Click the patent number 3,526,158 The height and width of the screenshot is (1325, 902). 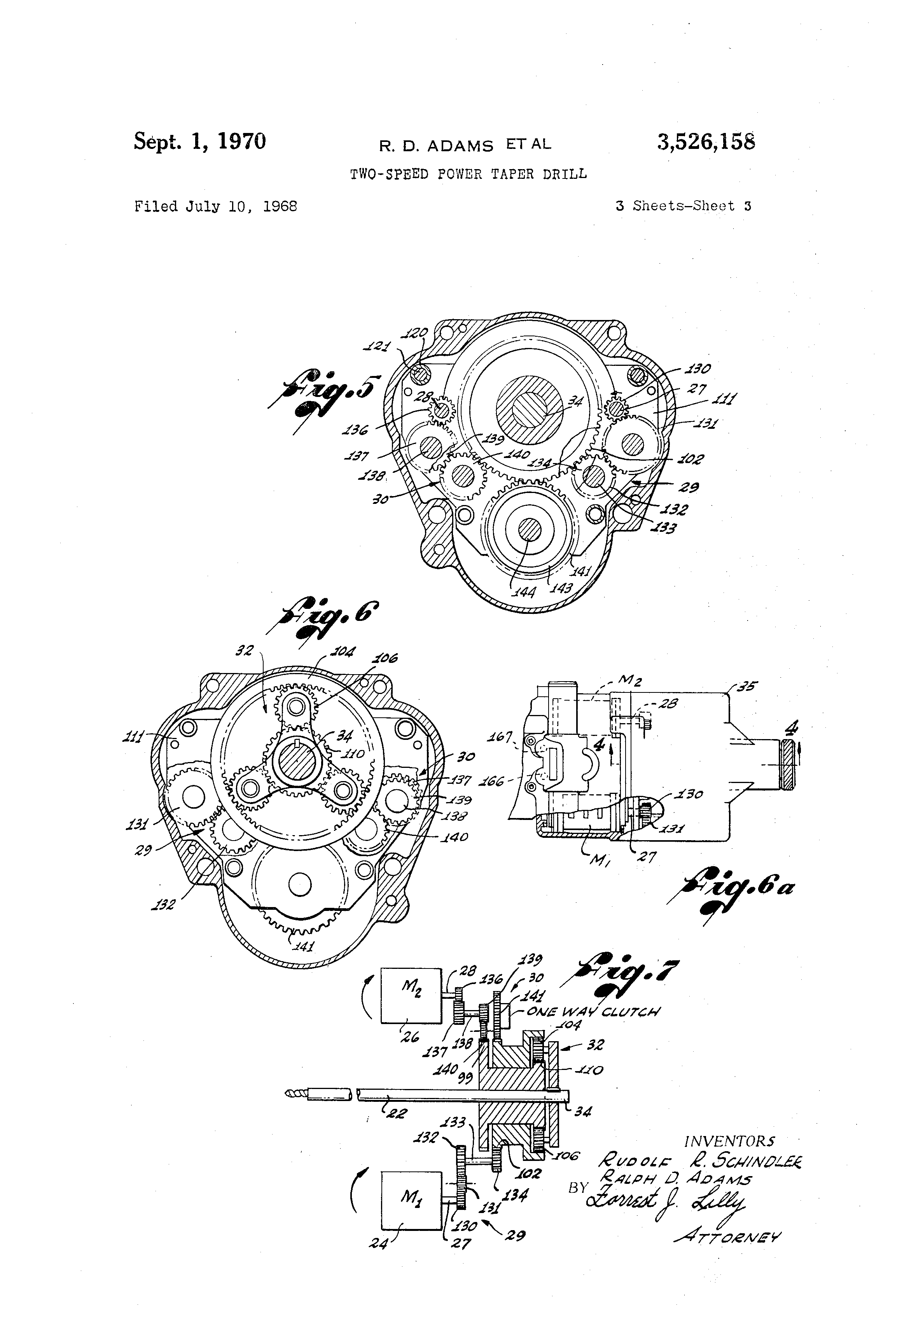point(706,142)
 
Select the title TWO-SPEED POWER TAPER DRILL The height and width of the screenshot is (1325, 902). point(468,174)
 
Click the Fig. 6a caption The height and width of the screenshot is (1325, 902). point(736,890)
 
